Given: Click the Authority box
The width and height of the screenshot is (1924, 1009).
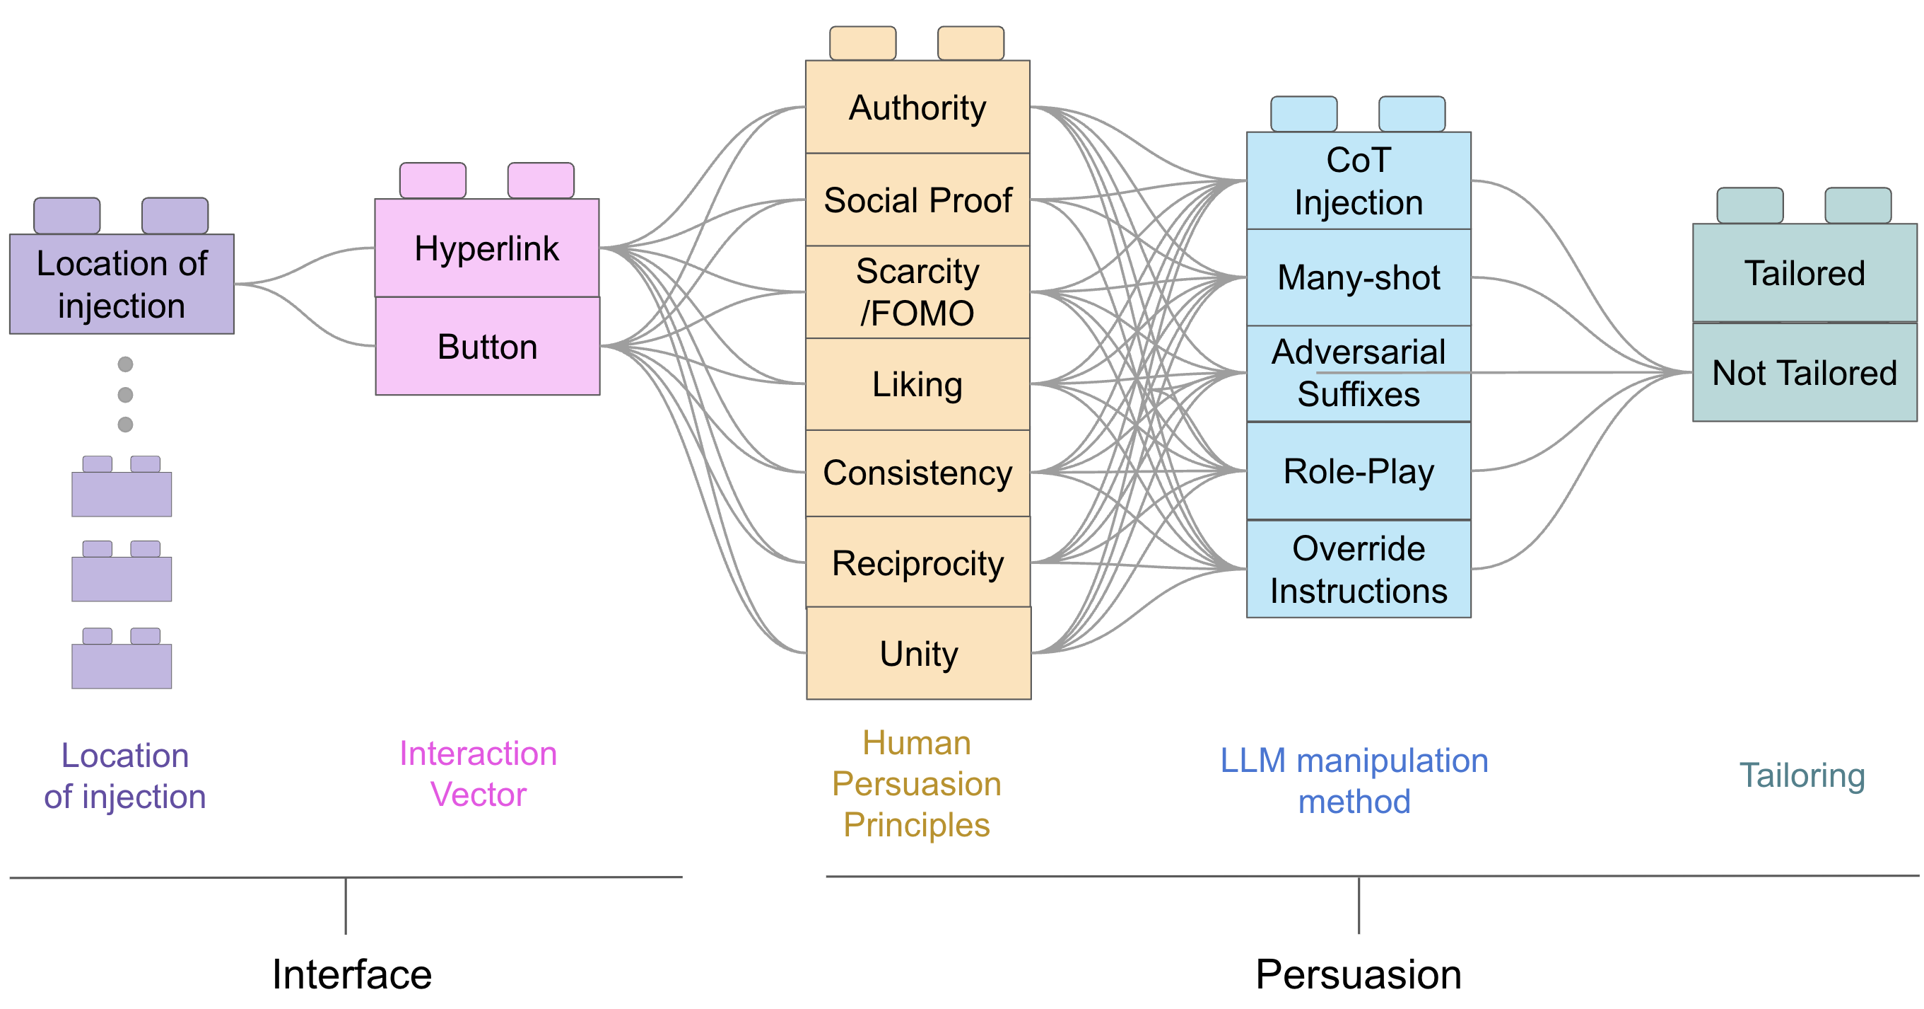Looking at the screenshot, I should coord(917,108).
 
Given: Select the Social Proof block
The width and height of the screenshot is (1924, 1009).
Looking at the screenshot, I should coord(917,200).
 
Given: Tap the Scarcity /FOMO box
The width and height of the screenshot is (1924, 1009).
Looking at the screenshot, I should coord(917,292).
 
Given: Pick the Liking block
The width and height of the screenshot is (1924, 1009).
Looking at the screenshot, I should coord(917,384).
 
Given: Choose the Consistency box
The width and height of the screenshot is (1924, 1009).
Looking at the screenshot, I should coord(917,473).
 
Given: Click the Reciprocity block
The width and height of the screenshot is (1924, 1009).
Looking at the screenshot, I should coord(917,563).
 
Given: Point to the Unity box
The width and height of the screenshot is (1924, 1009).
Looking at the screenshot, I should coord(919,654).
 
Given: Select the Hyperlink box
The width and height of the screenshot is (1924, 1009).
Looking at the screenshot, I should coord(487,248).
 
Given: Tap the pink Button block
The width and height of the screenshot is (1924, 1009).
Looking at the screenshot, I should coord(487,347).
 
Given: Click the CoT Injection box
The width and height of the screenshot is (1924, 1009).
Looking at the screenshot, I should coord(1359,182).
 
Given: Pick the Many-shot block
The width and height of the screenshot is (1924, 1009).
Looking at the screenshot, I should coord(1359,277).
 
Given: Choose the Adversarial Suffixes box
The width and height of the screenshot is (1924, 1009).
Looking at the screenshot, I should coord(1359,373).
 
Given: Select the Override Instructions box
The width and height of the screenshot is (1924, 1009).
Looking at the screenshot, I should coord(1359,570).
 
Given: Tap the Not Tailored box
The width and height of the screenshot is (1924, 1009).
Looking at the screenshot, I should coord(1804,373).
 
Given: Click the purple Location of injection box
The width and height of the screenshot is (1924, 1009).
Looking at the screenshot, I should coord(122,284).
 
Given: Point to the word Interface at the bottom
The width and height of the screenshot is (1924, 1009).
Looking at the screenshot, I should coord(352,974).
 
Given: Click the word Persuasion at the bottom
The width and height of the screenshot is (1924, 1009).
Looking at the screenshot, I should coord(1359,974).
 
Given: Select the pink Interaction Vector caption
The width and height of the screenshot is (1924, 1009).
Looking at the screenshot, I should coord(478,773).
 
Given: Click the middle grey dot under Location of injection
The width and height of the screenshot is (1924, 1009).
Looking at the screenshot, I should coord(126,395).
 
